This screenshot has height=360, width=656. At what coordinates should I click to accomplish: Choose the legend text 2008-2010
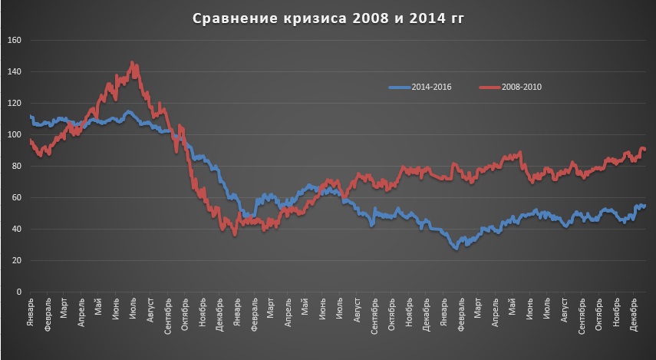[x=524, y=87]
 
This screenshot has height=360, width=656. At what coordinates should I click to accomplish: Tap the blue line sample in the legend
[x=399, y=87]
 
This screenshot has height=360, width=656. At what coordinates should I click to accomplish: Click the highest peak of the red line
[x=133, y=63]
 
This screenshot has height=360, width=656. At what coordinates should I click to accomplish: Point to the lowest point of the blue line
[x=456, y=249]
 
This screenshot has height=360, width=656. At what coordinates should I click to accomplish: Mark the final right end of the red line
[x=645, y=149]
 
